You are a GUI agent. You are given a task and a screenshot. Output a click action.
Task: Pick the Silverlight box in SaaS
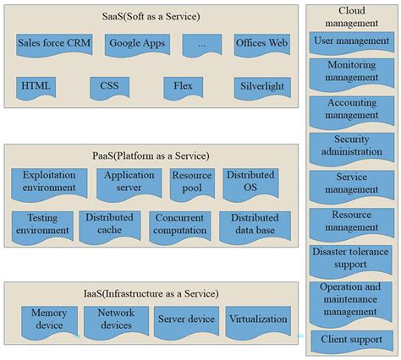click(263, 86)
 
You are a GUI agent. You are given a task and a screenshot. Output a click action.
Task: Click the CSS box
click(109, 86)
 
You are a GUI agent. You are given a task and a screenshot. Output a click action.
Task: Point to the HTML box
click(36, 86)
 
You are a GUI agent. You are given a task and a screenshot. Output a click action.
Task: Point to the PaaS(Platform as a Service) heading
click(151, 155)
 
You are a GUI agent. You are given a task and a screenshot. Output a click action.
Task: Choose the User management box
click(350, 41)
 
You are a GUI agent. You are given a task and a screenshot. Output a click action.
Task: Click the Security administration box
click(350, 146)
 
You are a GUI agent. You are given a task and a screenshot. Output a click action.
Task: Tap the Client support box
click(350, 341)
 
